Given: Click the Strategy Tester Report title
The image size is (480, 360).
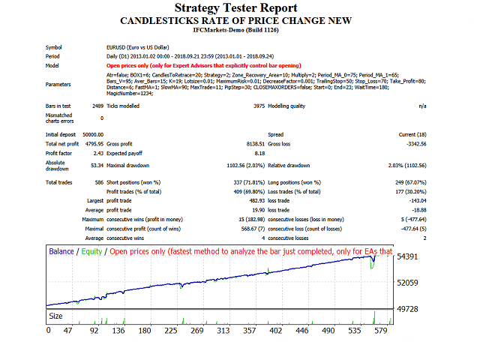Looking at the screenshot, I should coord(239,8).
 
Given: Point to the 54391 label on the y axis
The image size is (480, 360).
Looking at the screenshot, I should coord(407,256).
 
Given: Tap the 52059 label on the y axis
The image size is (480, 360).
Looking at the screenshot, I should coord(407,283).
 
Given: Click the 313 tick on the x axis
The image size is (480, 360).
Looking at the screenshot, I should coord(244,330).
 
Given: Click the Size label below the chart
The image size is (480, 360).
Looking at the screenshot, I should coord(56,316).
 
